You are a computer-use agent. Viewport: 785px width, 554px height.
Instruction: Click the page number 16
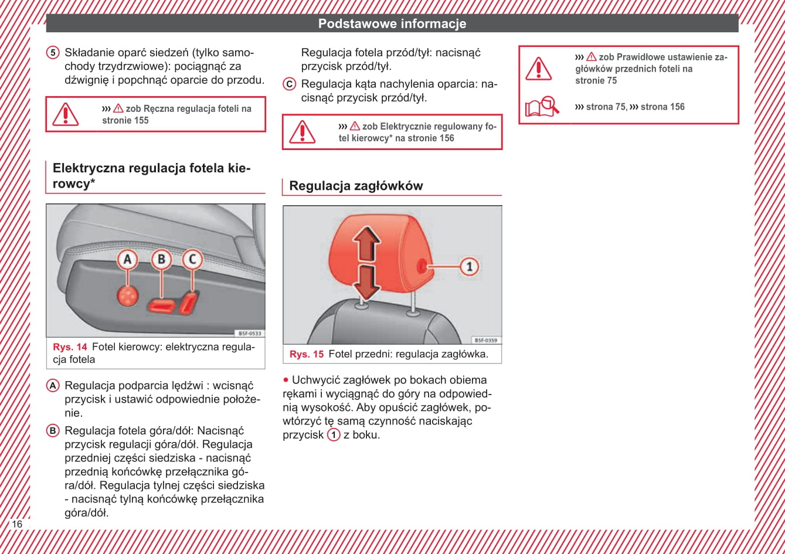17,524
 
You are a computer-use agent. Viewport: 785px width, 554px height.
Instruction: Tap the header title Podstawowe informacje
392,24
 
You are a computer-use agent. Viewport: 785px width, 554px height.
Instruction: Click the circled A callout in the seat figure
127,259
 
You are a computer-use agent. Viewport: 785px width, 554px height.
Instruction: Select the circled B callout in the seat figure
161,259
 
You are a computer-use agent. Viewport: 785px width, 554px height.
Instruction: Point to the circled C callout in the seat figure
192,259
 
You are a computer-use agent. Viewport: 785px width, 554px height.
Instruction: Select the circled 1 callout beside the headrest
468,267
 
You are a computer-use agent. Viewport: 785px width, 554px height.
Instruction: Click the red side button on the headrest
422,267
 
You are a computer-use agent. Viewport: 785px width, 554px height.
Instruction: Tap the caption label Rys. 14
70,347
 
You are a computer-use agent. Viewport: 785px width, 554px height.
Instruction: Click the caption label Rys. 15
307,354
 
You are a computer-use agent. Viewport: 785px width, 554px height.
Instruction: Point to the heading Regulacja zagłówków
356,186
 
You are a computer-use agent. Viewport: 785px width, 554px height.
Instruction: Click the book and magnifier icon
541,107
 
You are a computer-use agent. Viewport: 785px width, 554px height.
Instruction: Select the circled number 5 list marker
53,53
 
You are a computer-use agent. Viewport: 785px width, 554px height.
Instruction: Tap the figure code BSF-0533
250,333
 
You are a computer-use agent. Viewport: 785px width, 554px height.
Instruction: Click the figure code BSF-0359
486,340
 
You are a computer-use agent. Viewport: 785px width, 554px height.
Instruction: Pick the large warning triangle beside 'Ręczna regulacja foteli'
65,114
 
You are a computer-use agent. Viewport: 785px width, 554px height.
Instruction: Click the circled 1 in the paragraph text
334,435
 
